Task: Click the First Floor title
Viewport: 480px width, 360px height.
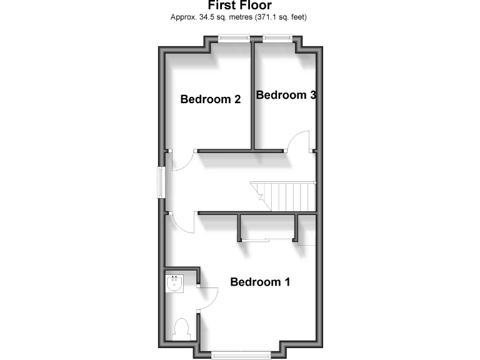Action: (x=239, y=6)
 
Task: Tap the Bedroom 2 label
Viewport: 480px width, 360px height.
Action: (x=211, y=99)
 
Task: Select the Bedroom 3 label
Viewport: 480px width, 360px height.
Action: (x=286, y=95)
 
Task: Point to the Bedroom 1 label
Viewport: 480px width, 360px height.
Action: (x=260, y=282)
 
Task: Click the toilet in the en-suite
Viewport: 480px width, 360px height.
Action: (x=181, y=328)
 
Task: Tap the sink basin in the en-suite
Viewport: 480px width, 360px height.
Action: (x=175, y=284)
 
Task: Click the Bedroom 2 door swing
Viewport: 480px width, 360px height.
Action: (x=181, y=162)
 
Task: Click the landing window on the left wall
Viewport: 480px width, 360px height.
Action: (x=162, y=182)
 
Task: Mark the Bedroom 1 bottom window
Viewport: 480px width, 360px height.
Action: (x=241, y=355)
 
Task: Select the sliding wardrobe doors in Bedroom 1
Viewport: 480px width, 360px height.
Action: (x=268, y=239)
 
